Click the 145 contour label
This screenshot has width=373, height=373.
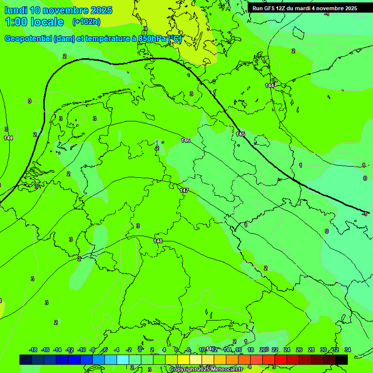[240, 134]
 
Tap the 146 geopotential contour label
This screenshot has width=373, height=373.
[186, 140]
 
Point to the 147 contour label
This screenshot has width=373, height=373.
[184, 190]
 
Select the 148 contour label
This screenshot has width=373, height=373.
[158, 241]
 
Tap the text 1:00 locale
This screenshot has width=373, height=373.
[34, 22]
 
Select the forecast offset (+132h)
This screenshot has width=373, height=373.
[86, 22]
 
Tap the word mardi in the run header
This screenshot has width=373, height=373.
[304, 8]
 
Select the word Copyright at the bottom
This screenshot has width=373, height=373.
[183, 370]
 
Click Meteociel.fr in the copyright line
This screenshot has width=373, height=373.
[225, 370]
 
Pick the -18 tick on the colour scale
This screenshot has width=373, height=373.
[34, 350]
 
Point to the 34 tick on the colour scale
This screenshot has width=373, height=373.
[348, 350]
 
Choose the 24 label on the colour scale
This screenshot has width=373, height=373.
[287, 350]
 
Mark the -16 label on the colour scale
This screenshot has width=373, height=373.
[46, 350]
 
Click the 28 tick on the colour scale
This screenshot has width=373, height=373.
[311, 350]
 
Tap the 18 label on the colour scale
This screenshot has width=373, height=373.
[251, 350]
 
